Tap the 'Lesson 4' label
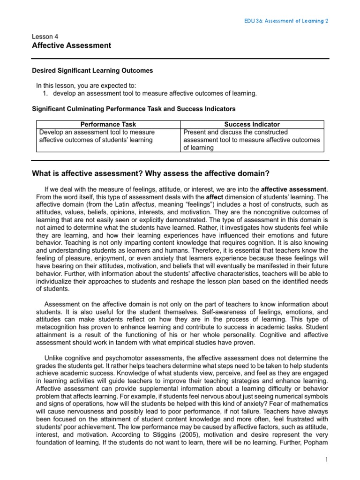[45, 36]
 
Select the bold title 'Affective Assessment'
[71, 45]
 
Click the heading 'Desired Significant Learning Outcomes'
[92, 70]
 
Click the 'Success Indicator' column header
[252, 124]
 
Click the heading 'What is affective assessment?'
[150, 173]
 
